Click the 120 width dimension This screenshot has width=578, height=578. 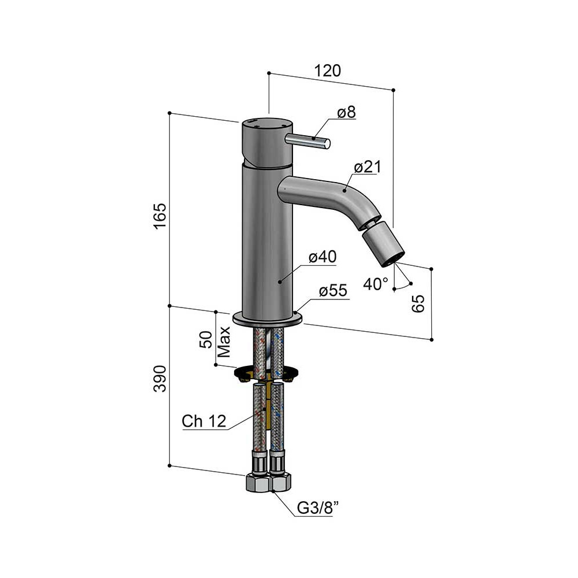point(327,71)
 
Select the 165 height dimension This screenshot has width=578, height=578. point(160,216)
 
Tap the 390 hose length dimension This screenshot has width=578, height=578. point(160,379)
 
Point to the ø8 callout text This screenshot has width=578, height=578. point(346,112)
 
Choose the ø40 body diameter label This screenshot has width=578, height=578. point(323,257)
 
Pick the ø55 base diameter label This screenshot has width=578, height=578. point(333,291)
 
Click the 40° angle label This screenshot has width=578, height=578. point(376,284)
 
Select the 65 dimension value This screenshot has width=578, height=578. point(418,304)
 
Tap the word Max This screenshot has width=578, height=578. point(224,342)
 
